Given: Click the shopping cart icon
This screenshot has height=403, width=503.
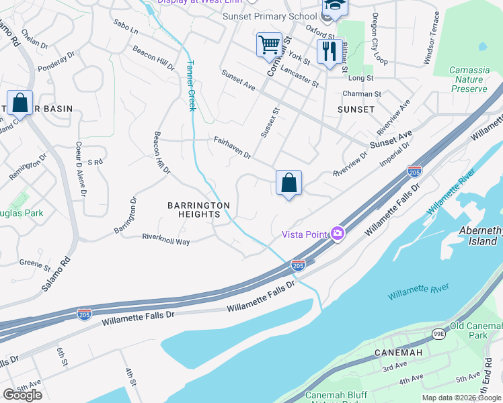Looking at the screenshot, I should point(269,45).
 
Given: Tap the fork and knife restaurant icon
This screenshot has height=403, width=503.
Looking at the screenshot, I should point(329,52).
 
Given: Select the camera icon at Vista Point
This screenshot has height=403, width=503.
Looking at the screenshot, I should point(337,234).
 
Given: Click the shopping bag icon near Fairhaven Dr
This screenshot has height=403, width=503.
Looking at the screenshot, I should point(288,183).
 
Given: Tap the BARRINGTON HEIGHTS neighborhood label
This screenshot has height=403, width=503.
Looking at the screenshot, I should point(199,210).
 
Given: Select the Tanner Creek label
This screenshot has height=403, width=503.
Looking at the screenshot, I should point(190,86).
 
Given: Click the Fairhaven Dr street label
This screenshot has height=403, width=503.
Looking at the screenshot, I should point(232,148).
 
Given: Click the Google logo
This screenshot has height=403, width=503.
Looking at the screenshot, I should point(22,394).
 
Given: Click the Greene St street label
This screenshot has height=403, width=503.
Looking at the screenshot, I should point(30,263).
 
